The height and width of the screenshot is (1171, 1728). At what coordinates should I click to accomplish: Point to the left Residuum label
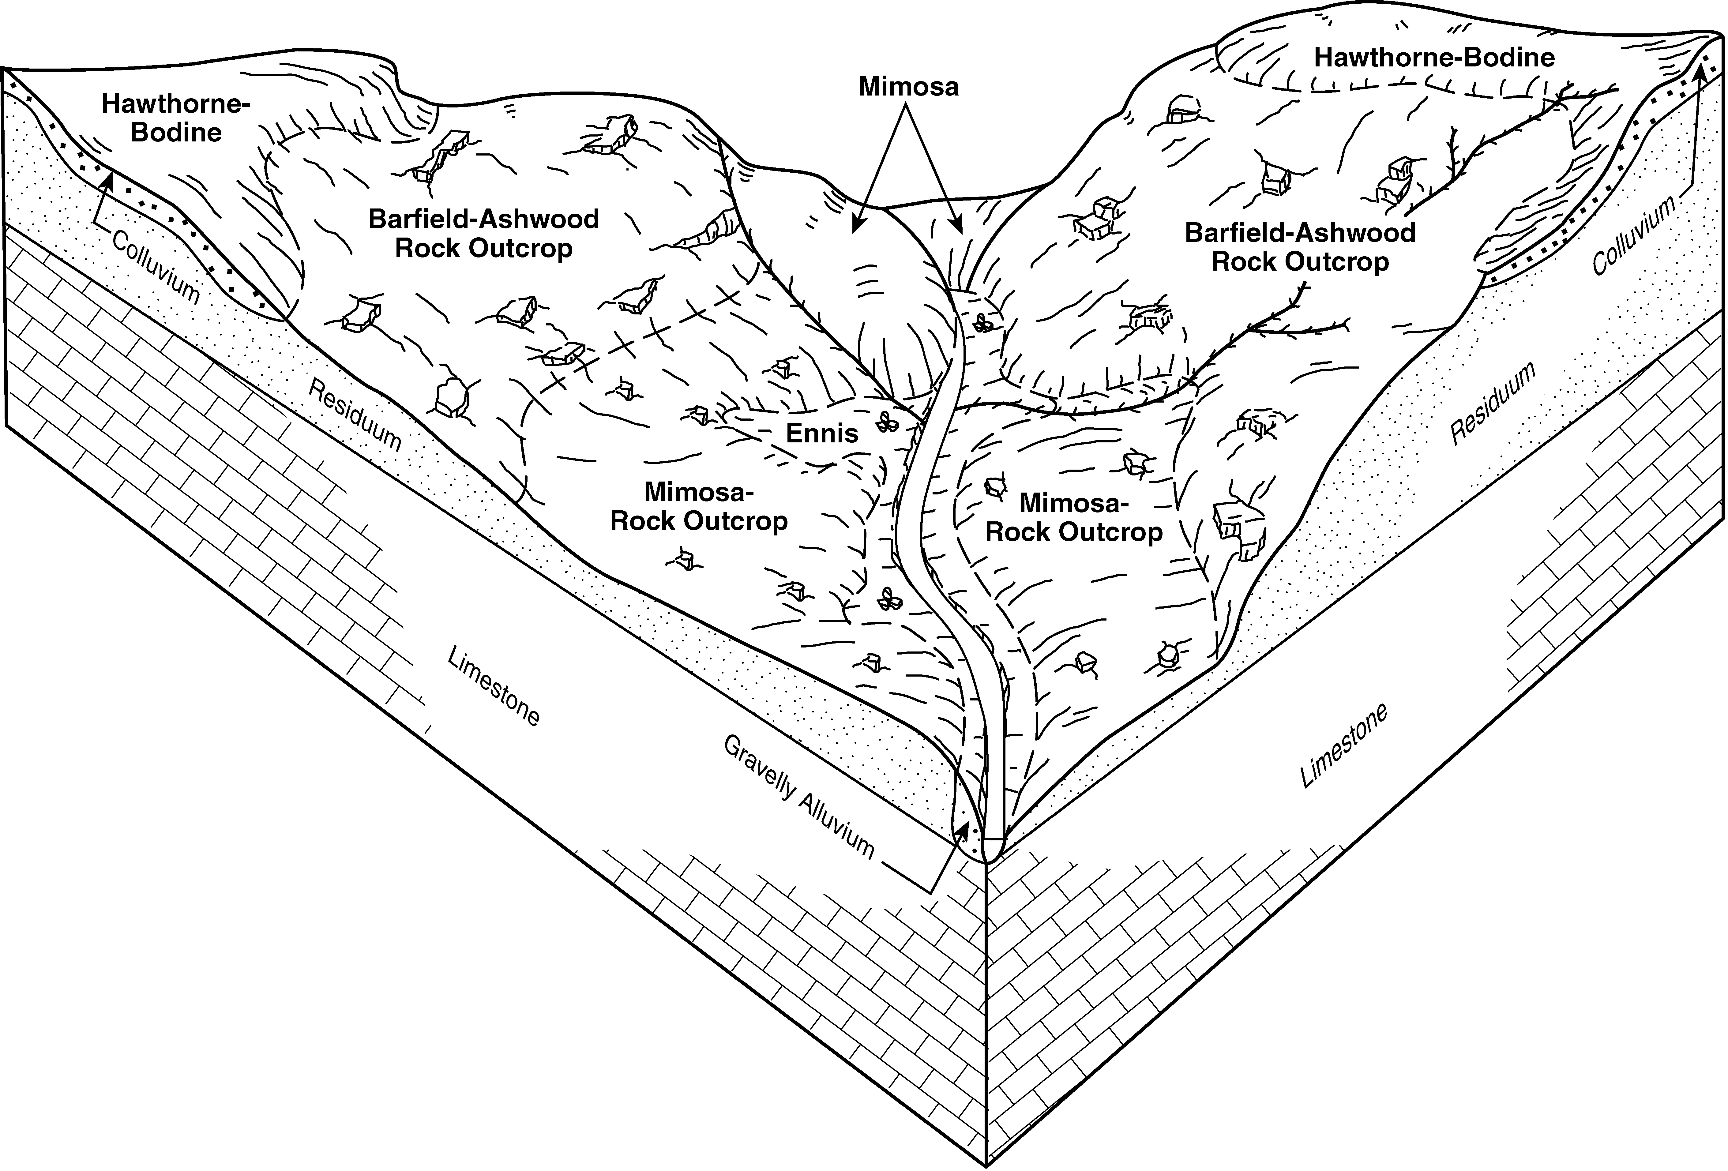(355, 415)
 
